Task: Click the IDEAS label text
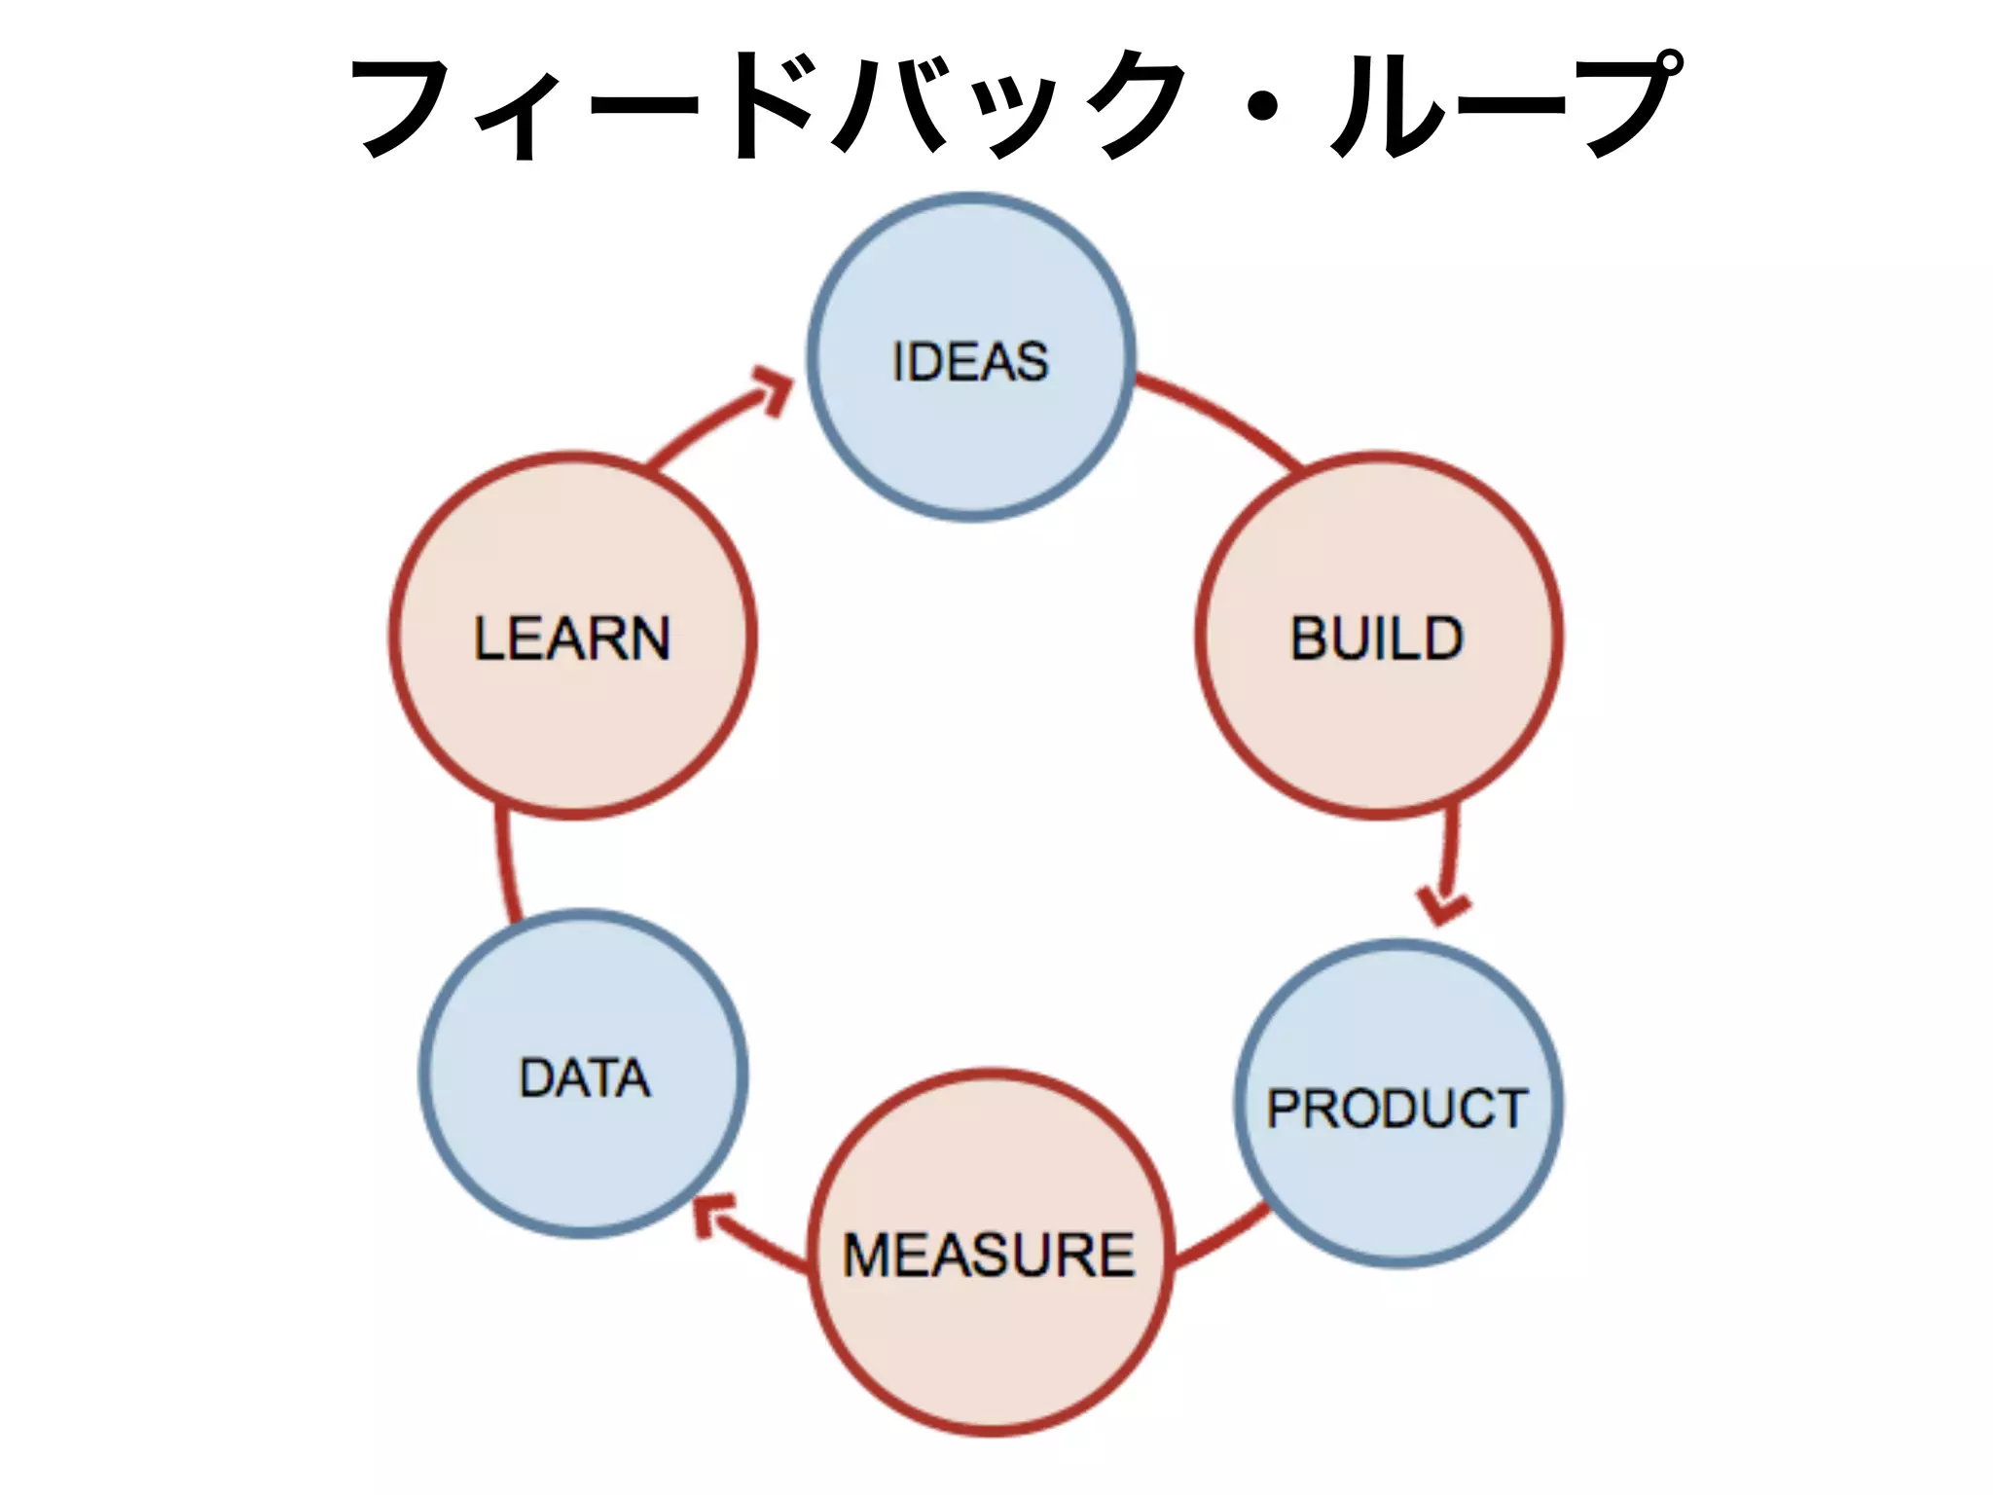pyautogui.click(x=970, y=362)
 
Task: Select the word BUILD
pyautogui.click(x=1376, y=638)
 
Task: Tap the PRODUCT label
pyautogui.click(x=1397, y=1109)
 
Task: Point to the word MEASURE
pyautogui.click(x=989, y=1255)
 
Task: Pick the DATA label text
pyautogui.click(x=585, y=1078)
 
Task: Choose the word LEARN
pyautogui.click(x=572, y=638)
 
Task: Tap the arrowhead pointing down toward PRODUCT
pyautogui.click(x=1442, y=904)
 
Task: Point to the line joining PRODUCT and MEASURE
pyautogui.click(x=1221, y=1238)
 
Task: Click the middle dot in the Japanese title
pyautogui.click(x=1262, y=107)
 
